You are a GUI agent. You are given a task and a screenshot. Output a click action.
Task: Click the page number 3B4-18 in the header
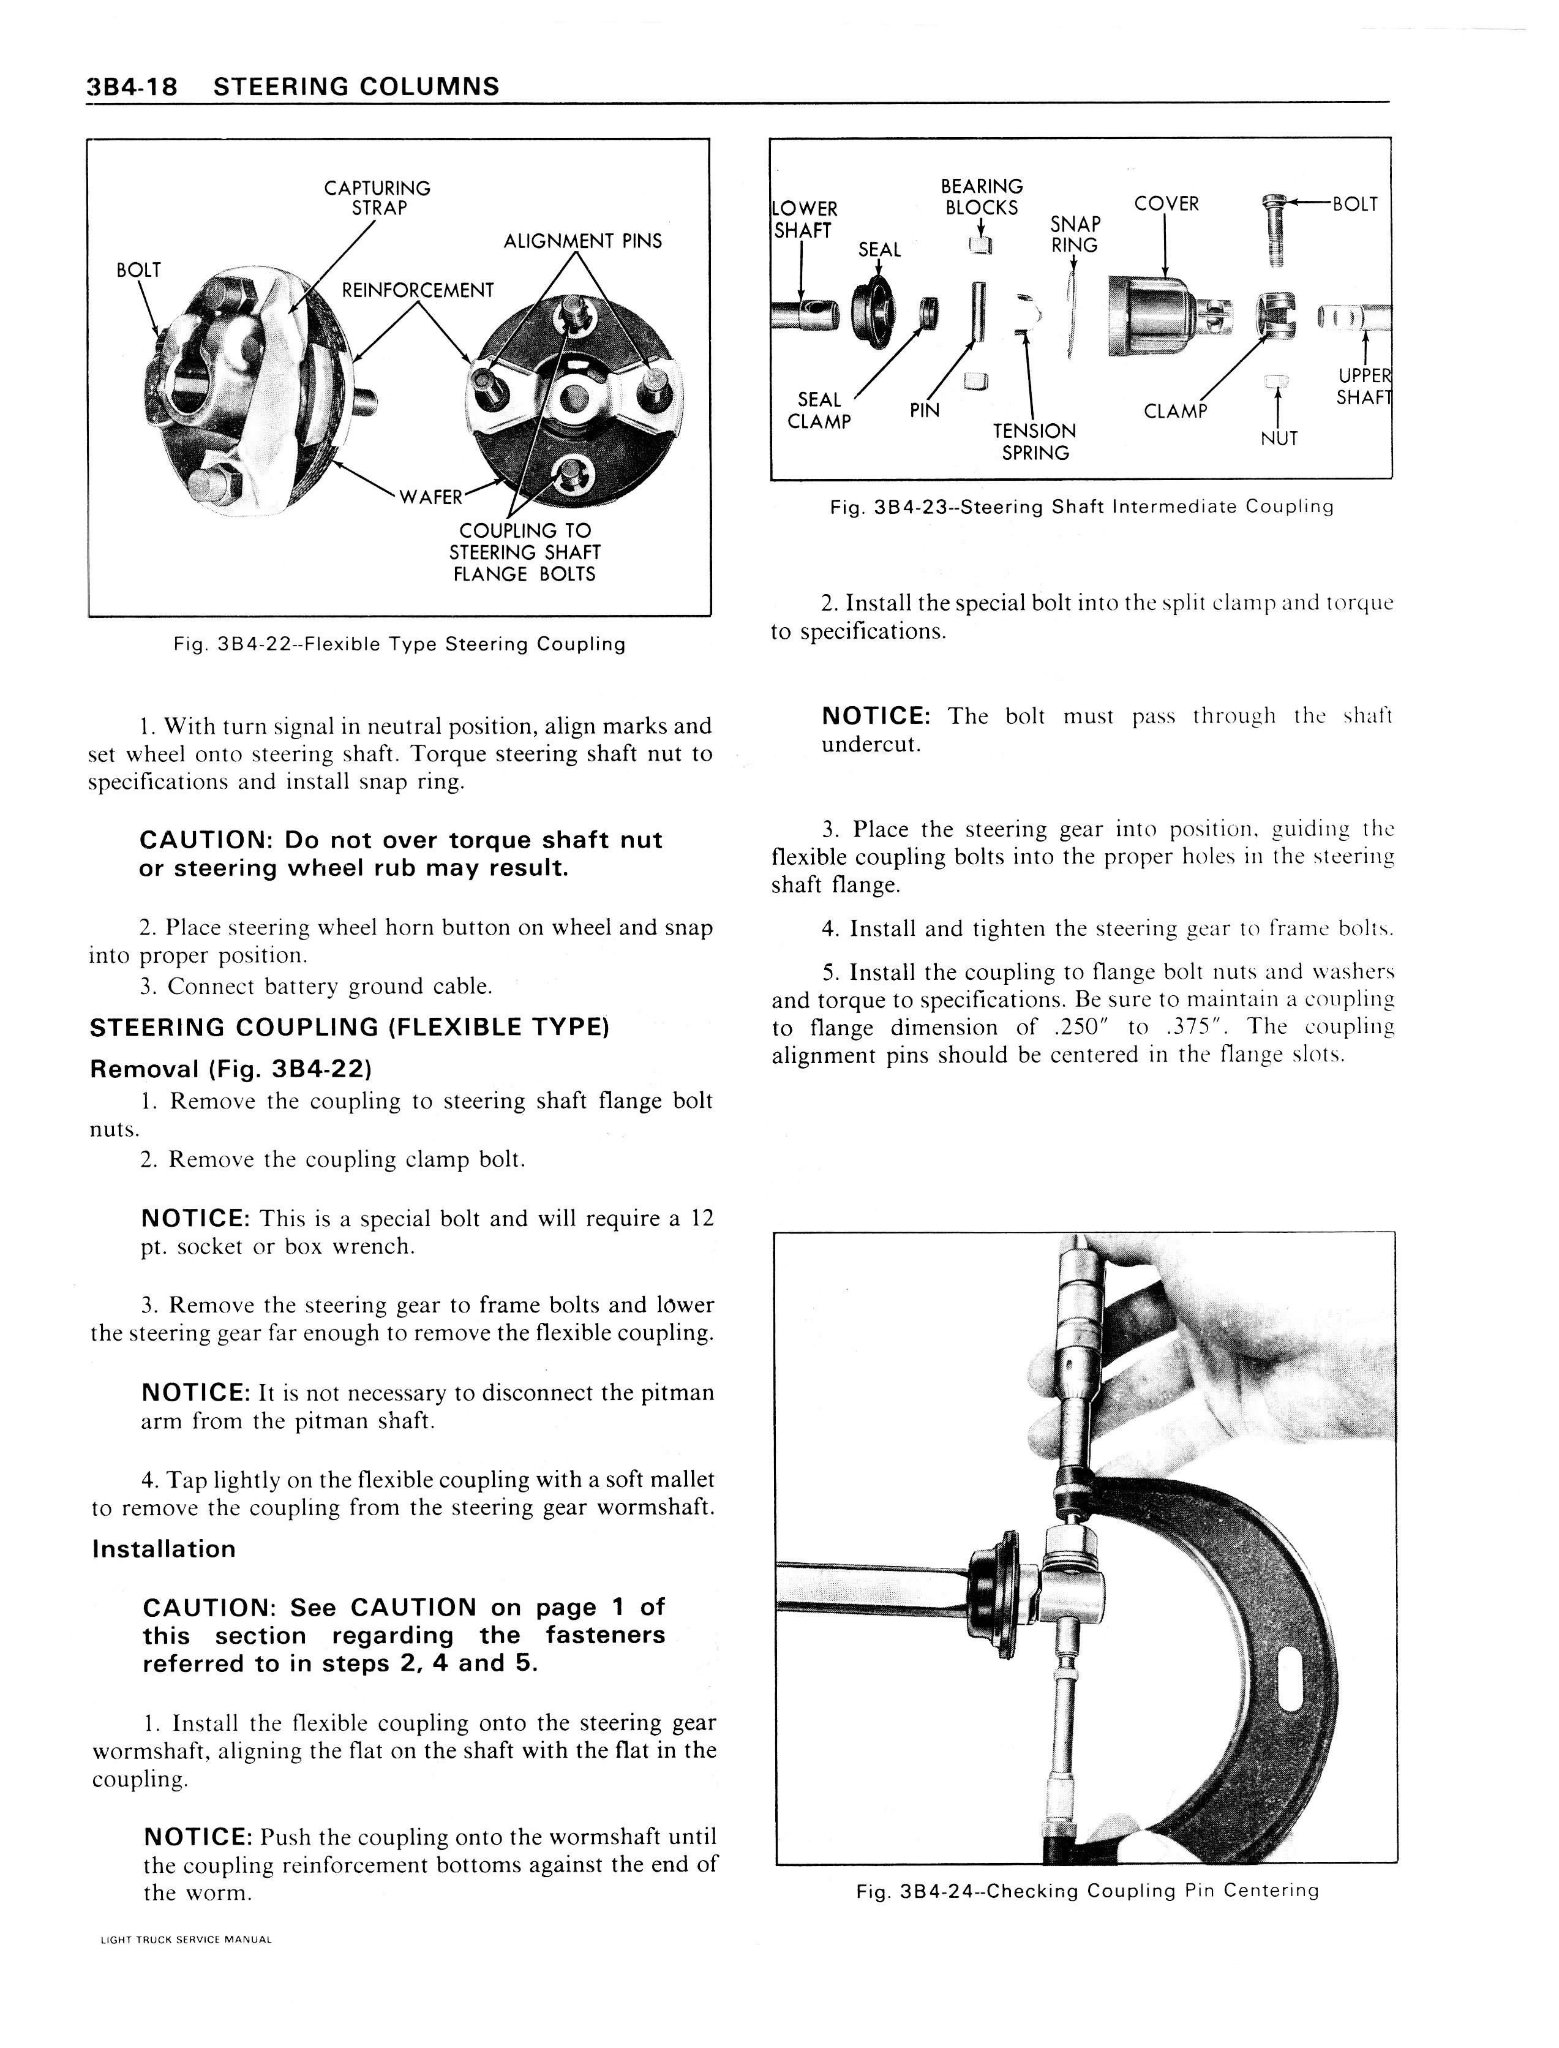(137, 86)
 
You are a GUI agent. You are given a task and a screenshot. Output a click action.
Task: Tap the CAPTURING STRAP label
(378, 198)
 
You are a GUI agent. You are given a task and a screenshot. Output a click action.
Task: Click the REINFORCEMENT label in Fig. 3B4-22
(418, 290)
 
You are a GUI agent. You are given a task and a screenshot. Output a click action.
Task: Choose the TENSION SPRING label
(1035, 442)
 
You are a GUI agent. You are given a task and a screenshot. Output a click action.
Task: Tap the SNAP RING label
(1075, 235)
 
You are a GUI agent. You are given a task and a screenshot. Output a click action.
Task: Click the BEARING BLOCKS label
(981, 197)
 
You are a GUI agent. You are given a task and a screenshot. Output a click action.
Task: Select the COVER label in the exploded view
(1166, 203)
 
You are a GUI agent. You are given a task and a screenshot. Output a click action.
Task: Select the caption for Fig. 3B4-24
(1087, 1890)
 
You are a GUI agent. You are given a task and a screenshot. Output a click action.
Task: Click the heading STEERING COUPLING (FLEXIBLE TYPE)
(349, 1027)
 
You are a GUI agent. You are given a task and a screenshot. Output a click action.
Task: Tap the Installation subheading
(164, 1549)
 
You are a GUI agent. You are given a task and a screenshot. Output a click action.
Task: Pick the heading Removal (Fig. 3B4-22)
(231, 1069)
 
